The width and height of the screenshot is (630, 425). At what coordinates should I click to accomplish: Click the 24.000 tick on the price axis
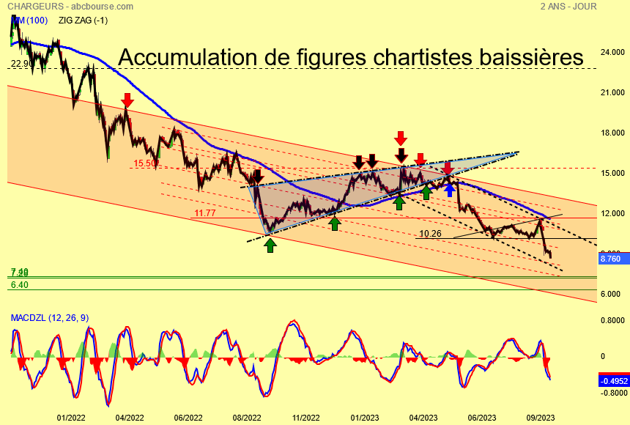coord(612,52)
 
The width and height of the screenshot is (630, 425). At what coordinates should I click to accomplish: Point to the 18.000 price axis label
coord(612,133)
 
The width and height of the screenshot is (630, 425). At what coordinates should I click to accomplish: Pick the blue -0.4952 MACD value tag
coord(613,380)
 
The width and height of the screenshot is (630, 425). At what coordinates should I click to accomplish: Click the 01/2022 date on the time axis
coord(71,417)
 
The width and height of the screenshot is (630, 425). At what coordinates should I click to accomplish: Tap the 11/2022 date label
coord(305,417)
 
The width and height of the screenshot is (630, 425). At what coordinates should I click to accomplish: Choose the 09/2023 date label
coord(540,417)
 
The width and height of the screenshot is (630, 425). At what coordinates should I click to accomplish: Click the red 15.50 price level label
coord(145,163)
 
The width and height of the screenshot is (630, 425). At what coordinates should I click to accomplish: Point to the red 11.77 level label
coord(205,213)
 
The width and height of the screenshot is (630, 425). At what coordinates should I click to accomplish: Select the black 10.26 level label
coord(430,234)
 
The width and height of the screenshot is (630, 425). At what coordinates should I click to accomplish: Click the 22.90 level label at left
coord(21,64)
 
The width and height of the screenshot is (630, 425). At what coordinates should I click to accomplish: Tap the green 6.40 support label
coord(20,284)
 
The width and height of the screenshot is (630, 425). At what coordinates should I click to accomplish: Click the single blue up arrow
coord(448,190)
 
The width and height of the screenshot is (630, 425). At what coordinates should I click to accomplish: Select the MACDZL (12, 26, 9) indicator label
coord(49,317)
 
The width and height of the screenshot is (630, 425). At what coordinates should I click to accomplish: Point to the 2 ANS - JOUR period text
coord(568,6)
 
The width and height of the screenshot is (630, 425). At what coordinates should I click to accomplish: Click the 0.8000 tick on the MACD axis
coord(612,320)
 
